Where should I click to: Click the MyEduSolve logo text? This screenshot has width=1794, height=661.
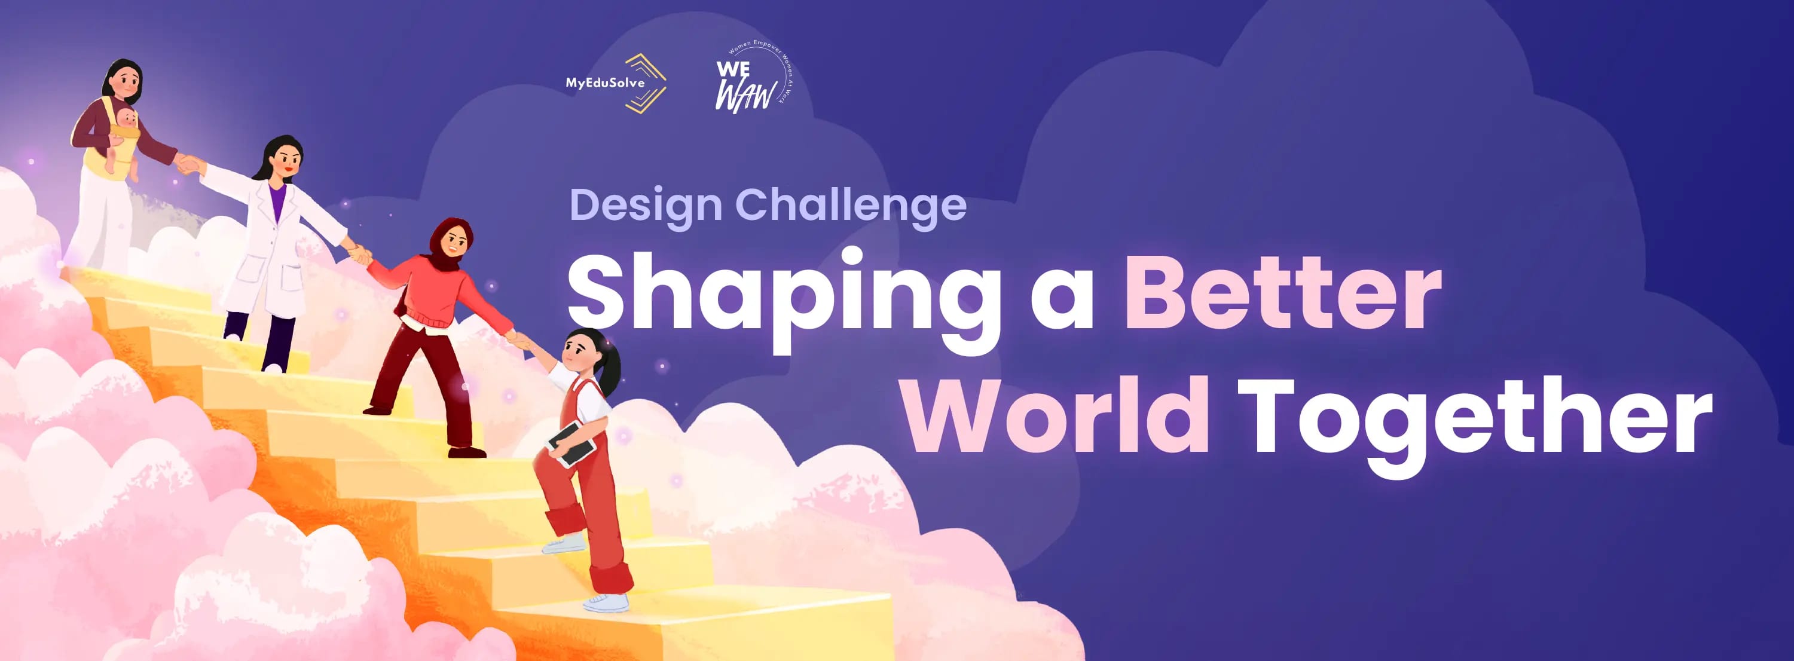pyautogui.click(x=604, y=83)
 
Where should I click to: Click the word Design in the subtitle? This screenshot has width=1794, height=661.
pyautogui.click(x=646, y=206)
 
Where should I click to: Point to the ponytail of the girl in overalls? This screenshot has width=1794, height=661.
pyautogui.click(x=612, y=369)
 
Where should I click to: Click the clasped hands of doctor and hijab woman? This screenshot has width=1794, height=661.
pyautogui.click(x=359, y=253)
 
